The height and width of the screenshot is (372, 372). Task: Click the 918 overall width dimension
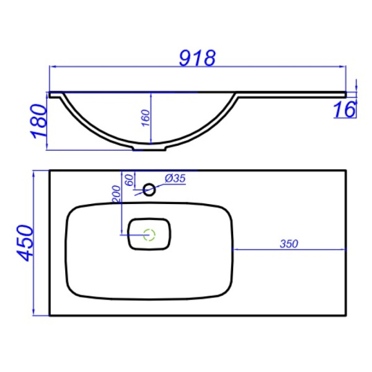[x=197, y=58]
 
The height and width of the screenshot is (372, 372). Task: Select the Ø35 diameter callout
[x=176, y=179]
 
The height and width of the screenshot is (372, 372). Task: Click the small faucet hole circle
[x=149, y=188]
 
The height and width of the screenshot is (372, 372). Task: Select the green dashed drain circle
[x=149, y=234]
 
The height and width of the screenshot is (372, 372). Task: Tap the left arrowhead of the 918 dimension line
[x=52, y=68]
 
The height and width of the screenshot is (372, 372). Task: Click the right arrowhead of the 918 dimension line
[x=343, y=68]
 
